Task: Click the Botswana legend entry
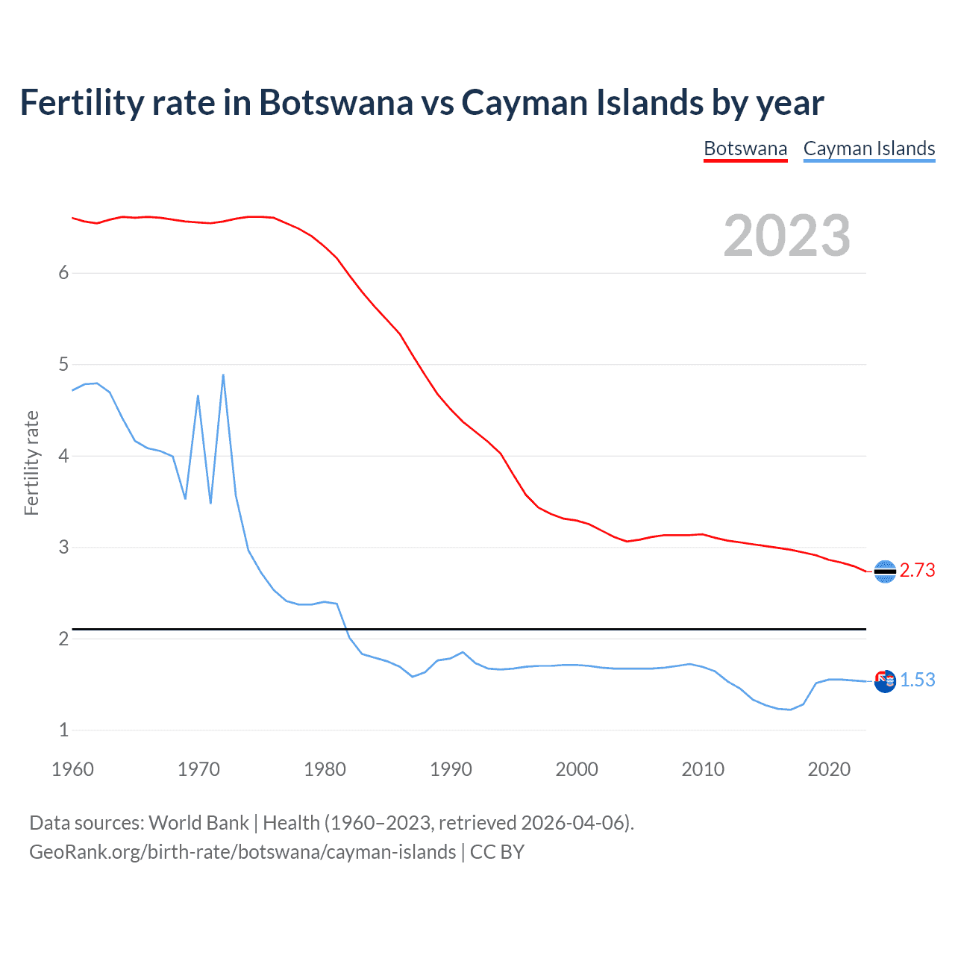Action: point(745,148)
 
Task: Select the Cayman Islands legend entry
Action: point(868,148)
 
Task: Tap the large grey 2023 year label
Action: point(787,236)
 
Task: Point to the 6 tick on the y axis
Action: point(63,273)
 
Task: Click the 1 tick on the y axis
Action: point(63,730)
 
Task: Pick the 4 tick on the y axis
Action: point(63,456)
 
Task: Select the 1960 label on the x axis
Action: point(72,769)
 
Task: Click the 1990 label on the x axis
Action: point(451,769)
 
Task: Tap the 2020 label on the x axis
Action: point(829,769)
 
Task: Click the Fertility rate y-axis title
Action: point(31,463)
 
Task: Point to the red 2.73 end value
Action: point(917,570)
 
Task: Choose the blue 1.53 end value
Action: point(917,680)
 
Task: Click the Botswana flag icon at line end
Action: point(885,572)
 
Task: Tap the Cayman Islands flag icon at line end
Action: point(885,681)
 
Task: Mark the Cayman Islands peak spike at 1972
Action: point(223,375)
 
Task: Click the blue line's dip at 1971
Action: point(210,503)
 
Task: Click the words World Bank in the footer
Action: point(198,823)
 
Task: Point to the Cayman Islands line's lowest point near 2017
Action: point(790,710)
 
